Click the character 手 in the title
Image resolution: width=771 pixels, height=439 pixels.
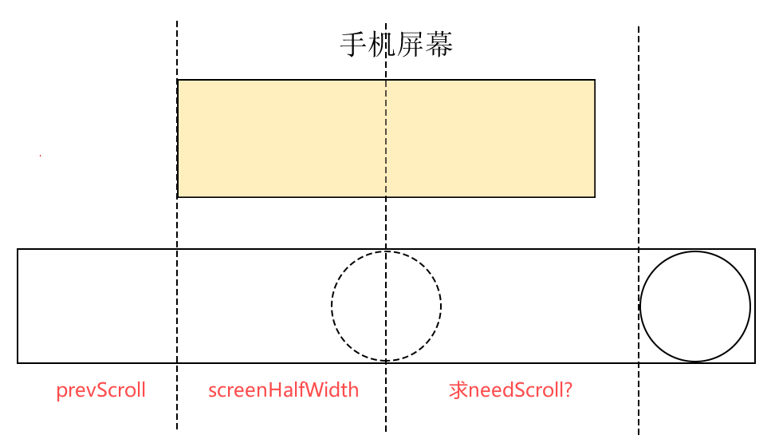354,45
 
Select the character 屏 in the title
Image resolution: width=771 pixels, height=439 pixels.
411,45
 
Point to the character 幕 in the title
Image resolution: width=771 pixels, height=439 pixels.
440,45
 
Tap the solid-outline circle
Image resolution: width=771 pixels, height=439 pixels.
695,307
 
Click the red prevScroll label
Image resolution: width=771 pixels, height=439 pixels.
100,390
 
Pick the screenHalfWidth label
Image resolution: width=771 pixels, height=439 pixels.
283,390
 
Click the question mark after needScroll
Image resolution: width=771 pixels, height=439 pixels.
568,390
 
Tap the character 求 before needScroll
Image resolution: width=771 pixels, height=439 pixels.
458,390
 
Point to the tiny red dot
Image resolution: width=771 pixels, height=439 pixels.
40,156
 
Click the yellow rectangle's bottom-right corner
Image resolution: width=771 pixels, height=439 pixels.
595,196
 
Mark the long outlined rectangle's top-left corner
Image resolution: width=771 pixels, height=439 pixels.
18,250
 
